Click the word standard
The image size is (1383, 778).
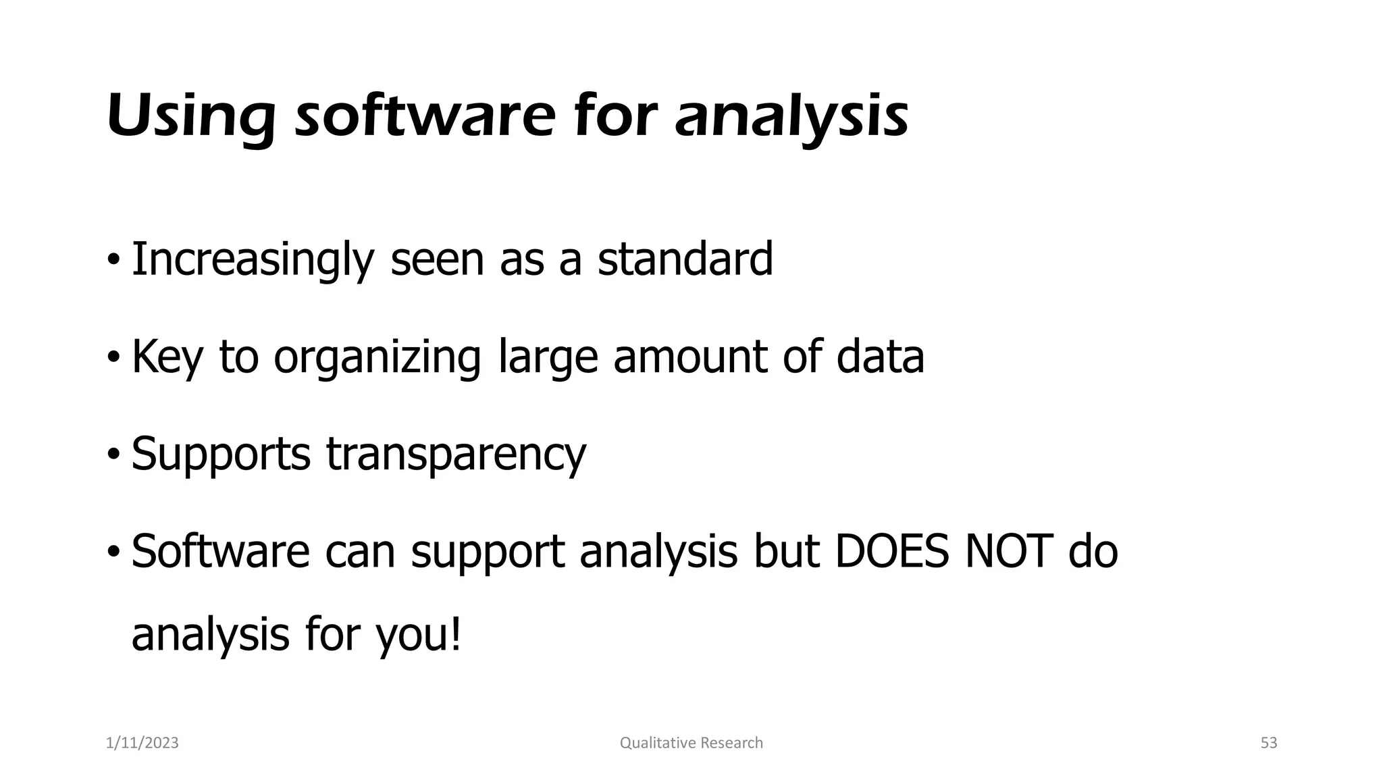(x=685, y=259)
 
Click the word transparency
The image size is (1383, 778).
(x=456, y=454)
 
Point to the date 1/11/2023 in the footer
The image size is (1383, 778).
(x=142, y=743)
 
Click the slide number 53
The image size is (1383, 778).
(x=1269, y=743)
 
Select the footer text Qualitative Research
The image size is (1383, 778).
(x=691, y=743)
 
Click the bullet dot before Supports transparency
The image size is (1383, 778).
(x=113, y=454)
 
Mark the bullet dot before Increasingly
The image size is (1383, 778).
(x=113, y=259)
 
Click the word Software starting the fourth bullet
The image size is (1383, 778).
(x=220, y=551)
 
